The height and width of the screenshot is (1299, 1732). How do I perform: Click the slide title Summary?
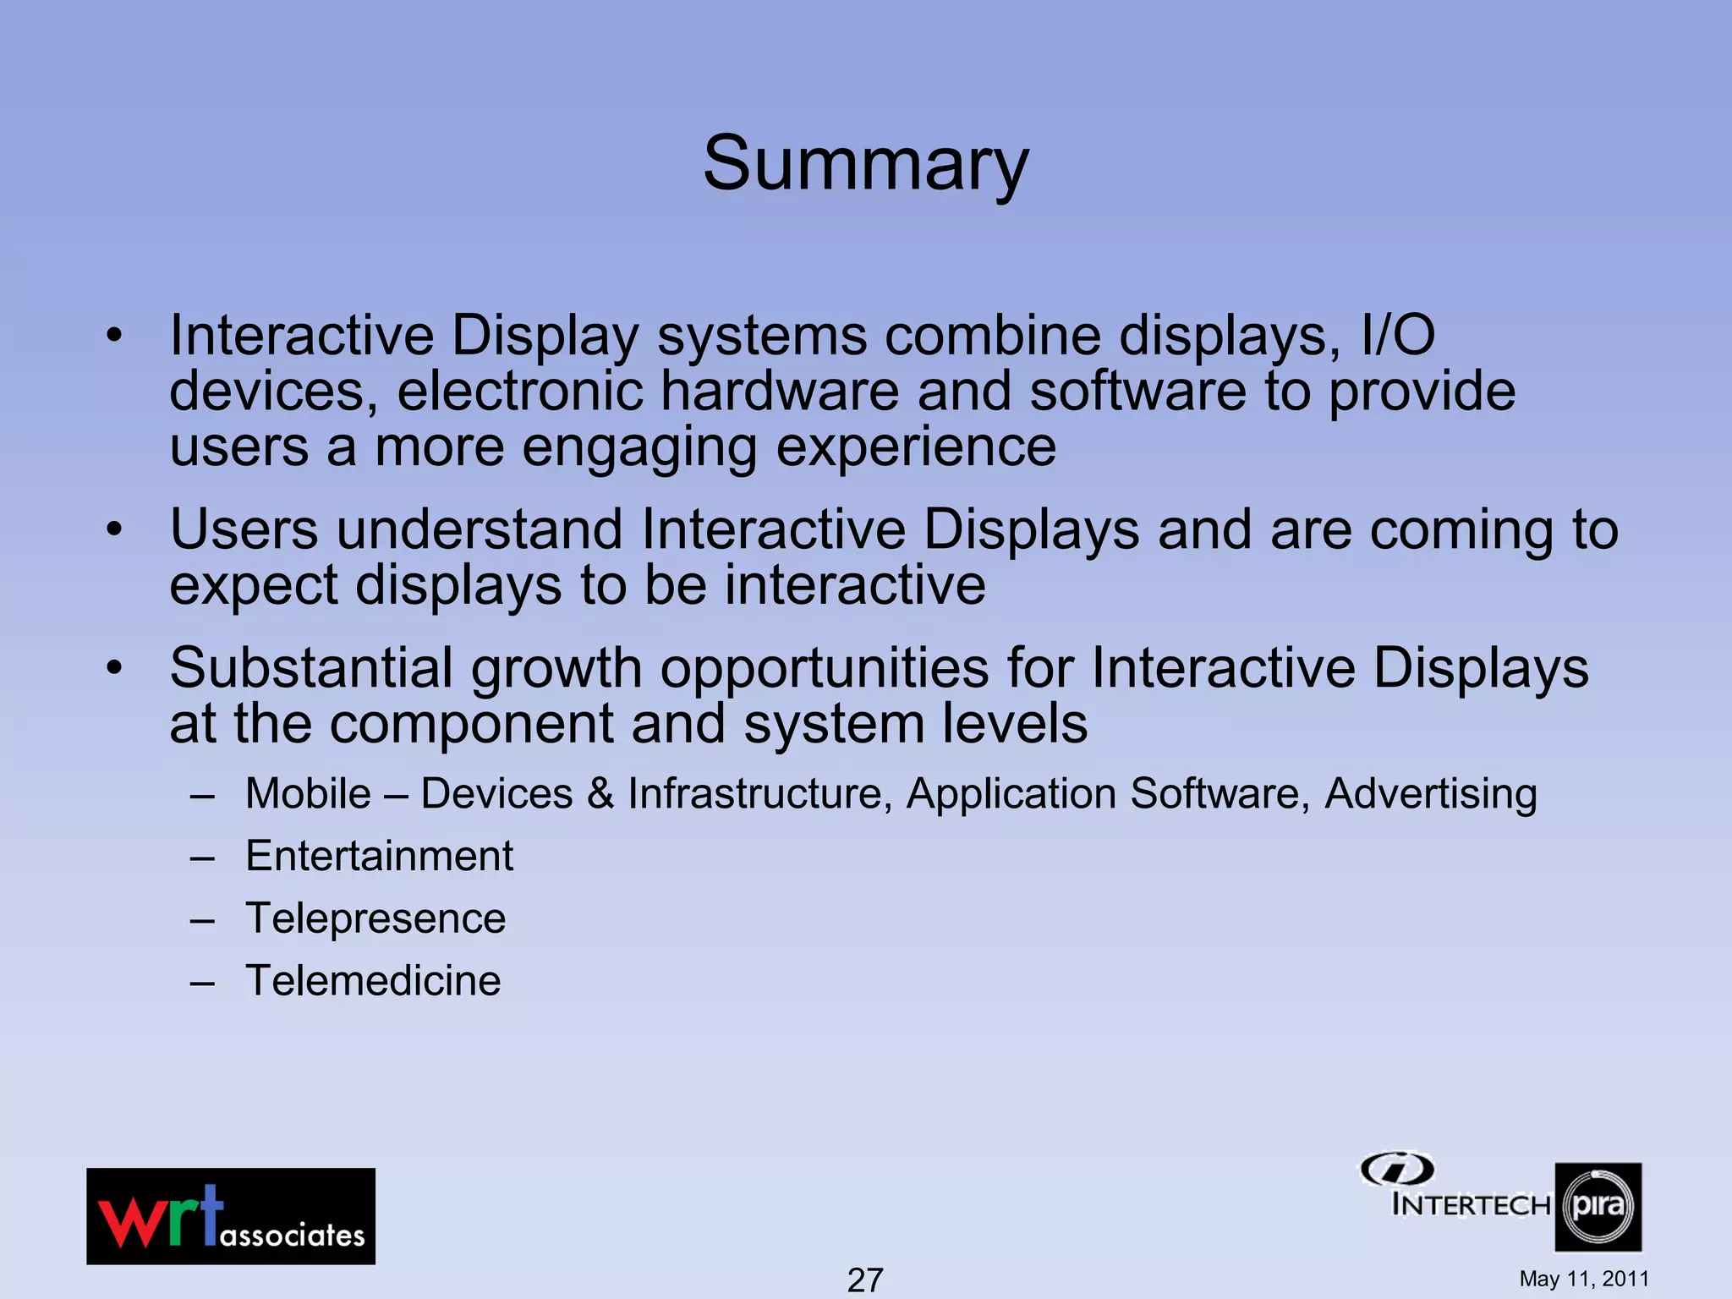click(865, 163)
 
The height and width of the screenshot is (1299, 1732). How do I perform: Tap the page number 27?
click(864, 1280)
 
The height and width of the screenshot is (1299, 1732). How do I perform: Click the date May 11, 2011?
click(1583, 1279)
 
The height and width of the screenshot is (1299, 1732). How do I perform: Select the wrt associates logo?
click(231, 1216)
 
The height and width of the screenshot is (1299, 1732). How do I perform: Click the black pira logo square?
click(1598, 1207)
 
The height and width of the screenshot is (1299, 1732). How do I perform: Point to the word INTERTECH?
click(1471, 1204)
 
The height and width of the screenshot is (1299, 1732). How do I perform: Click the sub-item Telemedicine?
click(373, 981)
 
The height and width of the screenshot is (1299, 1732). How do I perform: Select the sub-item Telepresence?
click(375, 918)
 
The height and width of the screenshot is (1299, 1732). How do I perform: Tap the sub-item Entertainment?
click(379, 856)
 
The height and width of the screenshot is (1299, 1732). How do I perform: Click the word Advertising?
click(1430, 794)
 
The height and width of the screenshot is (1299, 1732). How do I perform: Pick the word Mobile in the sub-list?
click(308, 794)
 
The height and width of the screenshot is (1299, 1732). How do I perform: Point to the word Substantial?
click(311, 668)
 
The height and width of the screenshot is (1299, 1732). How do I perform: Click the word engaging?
click(639, 448)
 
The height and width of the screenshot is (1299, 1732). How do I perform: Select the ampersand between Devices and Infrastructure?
click(600, 794)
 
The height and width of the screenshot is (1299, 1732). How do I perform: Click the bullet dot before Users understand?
click(114, 530)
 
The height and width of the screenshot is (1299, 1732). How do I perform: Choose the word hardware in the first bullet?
click(779, 392)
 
